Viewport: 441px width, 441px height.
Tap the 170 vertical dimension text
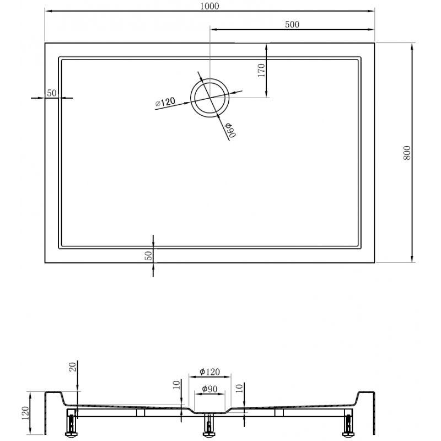tap(261, 70)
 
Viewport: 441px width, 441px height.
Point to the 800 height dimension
tap(406, 152)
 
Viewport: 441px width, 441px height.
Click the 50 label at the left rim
tap(52, 93)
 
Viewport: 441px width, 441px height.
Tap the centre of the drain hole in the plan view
tap(209, 98)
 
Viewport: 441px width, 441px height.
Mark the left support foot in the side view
tap(72, 424)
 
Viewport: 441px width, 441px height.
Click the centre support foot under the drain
tap(209, 426)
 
